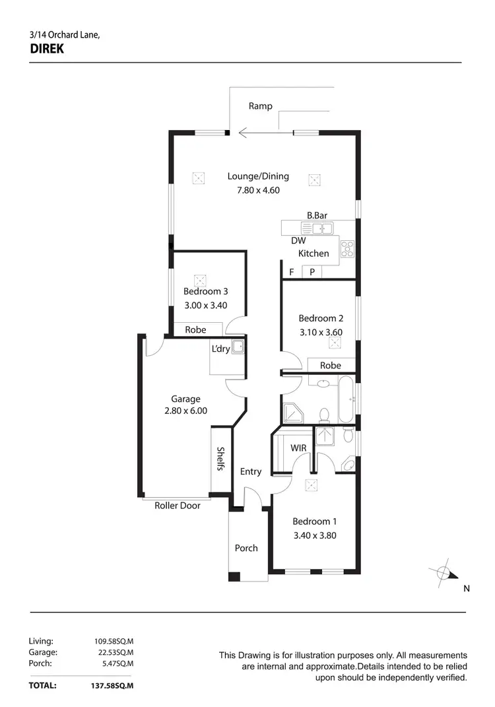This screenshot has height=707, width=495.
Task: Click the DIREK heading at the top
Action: coord(47,48)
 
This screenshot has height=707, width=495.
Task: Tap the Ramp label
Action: coord(260,106)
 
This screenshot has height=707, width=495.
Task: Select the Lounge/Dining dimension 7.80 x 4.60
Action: coord(259,190)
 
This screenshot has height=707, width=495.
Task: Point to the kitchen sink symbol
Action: coord(317,228)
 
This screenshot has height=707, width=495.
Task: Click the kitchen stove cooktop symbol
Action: coord(347,248)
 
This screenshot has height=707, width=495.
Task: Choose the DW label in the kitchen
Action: coord(298,241)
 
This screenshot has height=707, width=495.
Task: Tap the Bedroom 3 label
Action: coord(206,291)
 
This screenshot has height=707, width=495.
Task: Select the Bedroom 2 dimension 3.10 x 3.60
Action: coord(321,332)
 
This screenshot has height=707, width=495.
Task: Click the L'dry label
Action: coord(220,349)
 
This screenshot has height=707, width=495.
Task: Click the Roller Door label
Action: coord(177,506)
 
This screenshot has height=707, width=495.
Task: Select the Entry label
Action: coord(251,471)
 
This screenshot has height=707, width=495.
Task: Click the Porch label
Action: coord(246,548)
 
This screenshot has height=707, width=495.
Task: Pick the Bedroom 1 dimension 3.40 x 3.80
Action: coord(314,535)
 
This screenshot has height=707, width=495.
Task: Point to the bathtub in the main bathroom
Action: coord(346,399)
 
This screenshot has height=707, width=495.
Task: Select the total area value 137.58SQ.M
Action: coord(112,686)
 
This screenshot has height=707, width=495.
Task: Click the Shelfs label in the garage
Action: coord(221,459)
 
